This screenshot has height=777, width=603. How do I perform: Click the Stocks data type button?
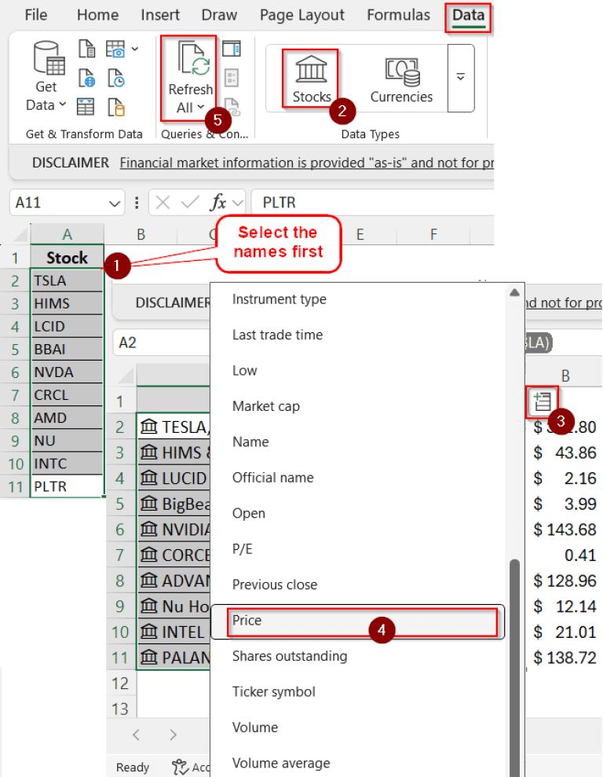click(x=311, y=79)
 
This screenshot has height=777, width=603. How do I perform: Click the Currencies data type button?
click(x=401, y=79)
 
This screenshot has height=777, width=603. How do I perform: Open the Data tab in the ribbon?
click(x=468, y=15)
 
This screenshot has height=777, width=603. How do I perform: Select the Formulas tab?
click(x=398, y=15)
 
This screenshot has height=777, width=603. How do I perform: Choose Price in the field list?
click(x=247, y=621)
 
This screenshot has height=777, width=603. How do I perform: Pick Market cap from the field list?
click(x=265, y=406)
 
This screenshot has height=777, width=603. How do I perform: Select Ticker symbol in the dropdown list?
click(x=273, y=692)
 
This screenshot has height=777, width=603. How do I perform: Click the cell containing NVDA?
click(x=67, y=372)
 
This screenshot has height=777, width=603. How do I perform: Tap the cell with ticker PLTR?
click(x=67, y=486)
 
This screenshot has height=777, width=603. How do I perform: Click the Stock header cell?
click(x=67, y=258)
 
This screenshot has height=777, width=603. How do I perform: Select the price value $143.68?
click(x=565, y=530)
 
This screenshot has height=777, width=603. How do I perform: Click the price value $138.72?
click(x=565, y=658)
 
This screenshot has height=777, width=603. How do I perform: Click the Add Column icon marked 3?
click(x=542, y=402)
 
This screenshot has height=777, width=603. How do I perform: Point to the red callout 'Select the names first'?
click(x=277, y=242)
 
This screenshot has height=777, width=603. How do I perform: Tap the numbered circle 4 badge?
click(x=382, y=629)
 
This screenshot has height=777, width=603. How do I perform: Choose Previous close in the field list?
click(x=274, y=585)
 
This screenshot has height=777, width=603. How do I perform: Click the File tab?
click(x=36, y=15)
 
